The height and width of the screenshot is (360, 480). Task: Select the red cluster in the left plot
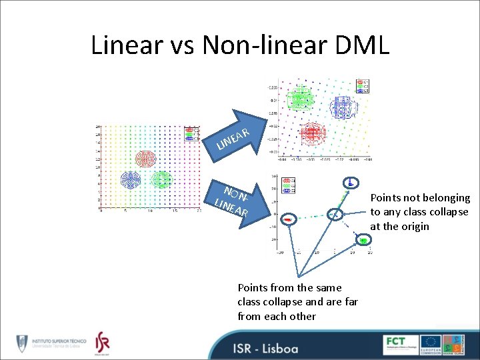coord(145,159)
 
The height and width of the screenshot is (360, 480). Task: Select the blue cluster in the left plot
coord(129,180)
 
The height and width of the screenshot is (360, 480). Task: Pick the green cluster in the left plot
coord(161,179)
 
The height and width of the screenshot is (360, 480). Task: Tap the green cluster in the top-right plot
coord(299,99)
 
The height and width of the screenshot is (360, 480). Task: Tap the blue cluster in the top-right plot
coord(344,105)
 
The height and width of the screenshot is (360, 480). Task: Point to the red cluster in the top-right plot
coord(312,134)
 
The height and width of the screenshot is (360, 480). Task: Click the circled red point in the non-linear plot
coord(288,219)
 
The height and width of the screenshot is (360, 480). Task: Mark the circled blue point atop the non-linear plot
coord(350,181)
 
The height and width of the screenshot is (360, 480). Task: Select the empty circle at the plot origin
coord(335,214)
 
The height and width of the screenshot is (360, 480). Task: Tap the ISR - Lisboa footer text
coord(265,347)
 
